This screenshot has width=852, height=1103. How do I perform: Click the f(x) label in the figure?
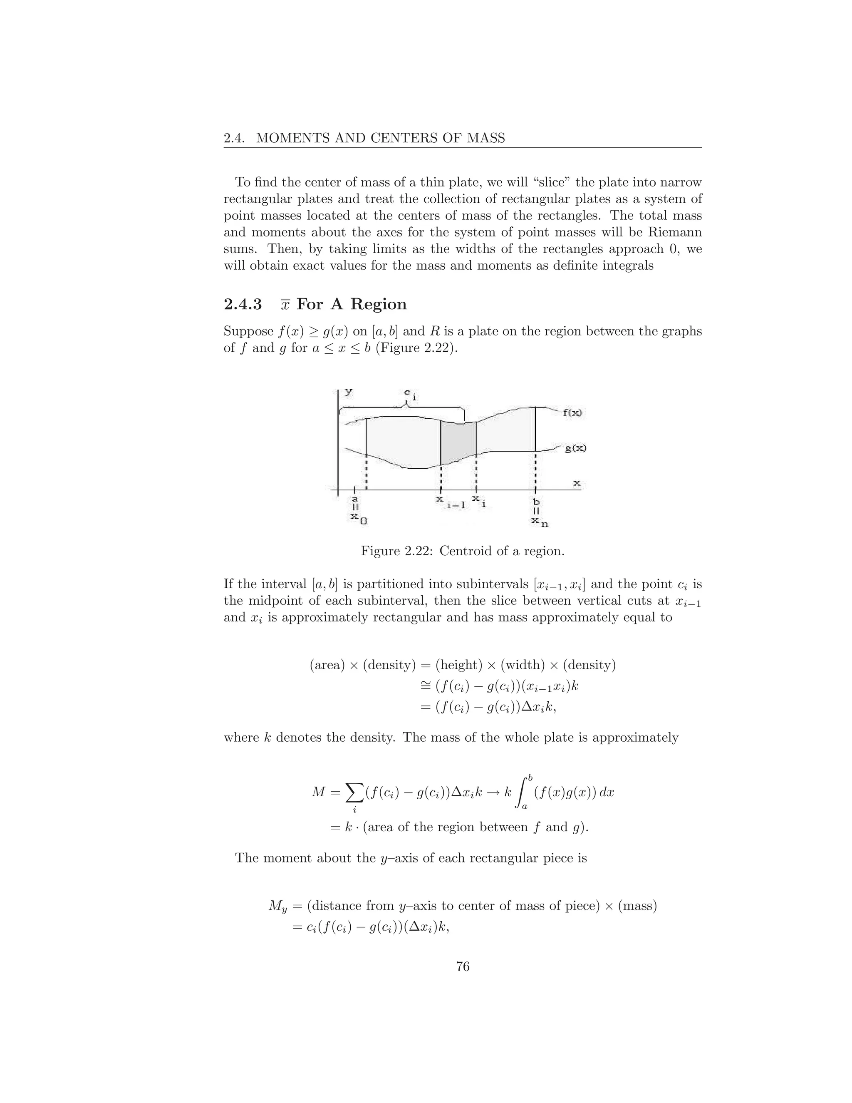(572, 412)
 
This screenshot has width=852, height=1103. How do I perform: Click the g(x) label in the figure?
(575, 448)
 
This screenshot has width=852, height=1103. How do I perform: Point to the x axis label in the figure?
(577, 483)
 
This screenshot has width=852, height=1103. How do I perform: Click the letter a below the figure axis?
(355, 499)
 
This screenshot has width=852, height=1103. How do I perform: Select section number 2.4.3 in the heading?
(243, 305)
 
